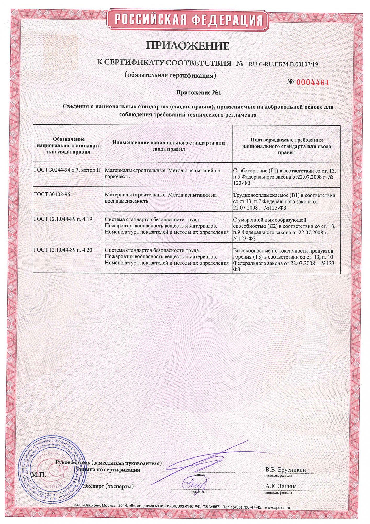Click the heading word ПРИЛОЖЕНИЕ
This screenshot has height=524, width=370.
click(188, 46)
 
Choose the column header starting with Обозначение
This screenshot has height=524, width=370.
click(69, 145)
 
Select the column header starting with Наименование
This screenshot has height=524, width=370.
click(168, 146)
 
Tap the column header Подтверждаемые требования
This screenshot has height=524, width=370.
click(286, 146)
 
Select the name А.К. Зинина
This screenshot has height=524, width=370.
click(281, 486)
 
